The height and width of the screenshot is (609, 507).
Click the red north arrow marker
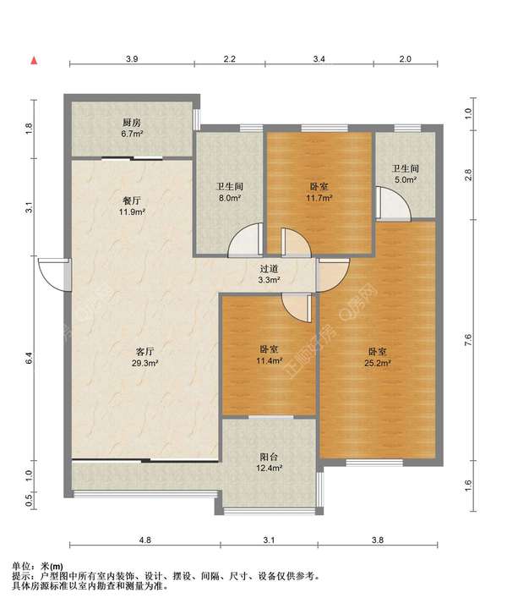[34, 61]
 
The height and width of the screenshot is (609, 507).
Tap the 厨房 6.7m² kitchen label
[132, 129]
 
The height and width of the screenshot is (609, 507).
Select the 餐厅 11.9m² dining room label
[132, 206]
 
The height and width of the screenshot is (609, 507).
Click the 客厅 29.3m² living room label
[144, 357]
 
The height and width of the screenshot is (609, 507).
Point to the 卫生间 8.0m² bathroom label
[230, 192]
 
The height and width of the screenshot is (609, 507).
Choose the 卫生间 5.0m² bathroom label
[406, 174]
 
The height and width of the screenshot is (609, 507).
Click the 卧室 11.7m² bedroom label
[319, 192]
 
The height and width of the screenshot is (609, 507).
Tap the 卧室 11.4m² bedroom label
[269, 354]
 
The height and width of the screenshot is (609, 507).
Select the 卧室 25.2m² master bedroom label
[378, 357]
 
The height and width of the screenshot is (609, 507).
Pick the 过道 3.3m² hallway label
[270, 274]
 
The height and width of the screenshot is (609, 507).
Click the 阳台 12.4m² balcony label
[269, 462]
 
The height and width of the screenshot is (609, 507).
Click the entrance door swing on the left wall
[55, 275]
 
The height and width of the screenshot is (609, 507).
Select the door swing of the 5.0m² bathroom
[393, 204]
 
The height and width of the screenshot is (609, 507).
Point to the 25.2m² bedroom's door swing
[333, 275]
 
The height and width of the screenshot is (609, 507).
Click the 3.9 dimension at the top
[132, 59]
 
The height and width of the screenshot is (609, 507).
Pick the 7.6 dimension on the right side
[468, 340]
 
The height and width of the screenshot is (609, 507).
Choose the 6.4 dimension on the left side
[29, 358]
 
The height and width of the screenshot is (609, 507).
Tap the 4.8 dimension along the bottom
[145, 540]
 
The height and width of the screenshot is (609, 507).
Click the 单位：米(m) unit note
[38, 567]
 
